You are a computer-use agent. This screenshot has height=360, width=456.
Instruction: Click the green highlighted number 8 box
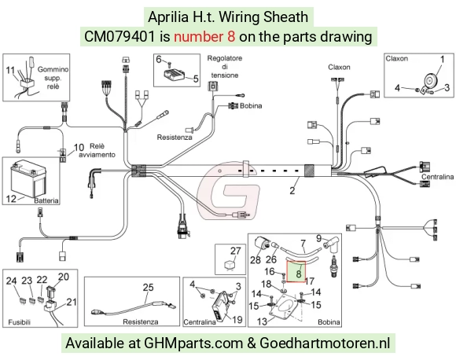tap(296, 272)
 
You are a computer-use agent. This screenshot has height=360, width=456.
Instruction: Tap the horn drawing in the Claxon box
tap(429, 83)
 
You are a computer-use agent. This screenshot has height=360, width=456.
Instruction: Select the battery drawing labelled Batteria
tap(28, 179)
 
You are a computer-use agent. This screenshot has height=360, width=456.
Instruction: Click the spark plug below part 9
tap(333, 265)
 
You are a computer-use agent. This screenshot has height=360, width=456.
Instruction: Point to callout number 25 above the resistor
tap(148, 288)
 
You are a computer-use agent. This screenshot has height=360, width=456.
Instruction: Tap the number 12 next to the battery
tap(11, 199)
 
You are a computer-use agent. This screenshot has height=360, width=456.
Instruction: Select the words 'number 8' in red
tap(204, 37)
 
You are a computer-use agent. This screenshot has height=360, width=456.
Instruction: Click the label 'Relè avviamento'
tap(97, 150)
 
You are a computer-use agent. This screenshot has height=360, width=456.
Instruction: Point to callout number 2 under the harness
tap(292, 190)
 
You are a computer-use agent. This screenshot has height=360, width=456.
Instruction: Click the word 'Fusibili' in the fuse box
tap(19, 322)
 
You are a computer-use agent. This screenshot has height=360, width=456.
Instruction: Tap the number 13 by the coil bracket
tap(262, 321)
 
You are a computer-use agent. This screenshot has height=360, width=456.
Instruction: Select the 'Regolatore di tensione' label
tap(225, 67)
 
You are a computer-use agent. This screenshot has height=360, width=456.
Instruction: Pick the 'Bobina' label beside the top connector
tap(251, 106)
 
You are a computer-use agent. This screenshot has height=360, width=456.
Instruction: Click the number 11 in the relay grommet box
tap(10, 70)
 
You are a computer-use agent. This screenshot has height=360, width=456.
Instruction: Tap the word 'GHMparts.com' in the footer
tap(193, 343)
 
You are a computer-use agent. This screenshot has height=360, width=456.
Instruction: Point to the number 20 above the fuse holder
tap(64, 277)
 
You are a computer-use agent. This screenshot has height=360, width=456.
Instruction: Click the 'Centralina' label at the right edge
tap(437, 177)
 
